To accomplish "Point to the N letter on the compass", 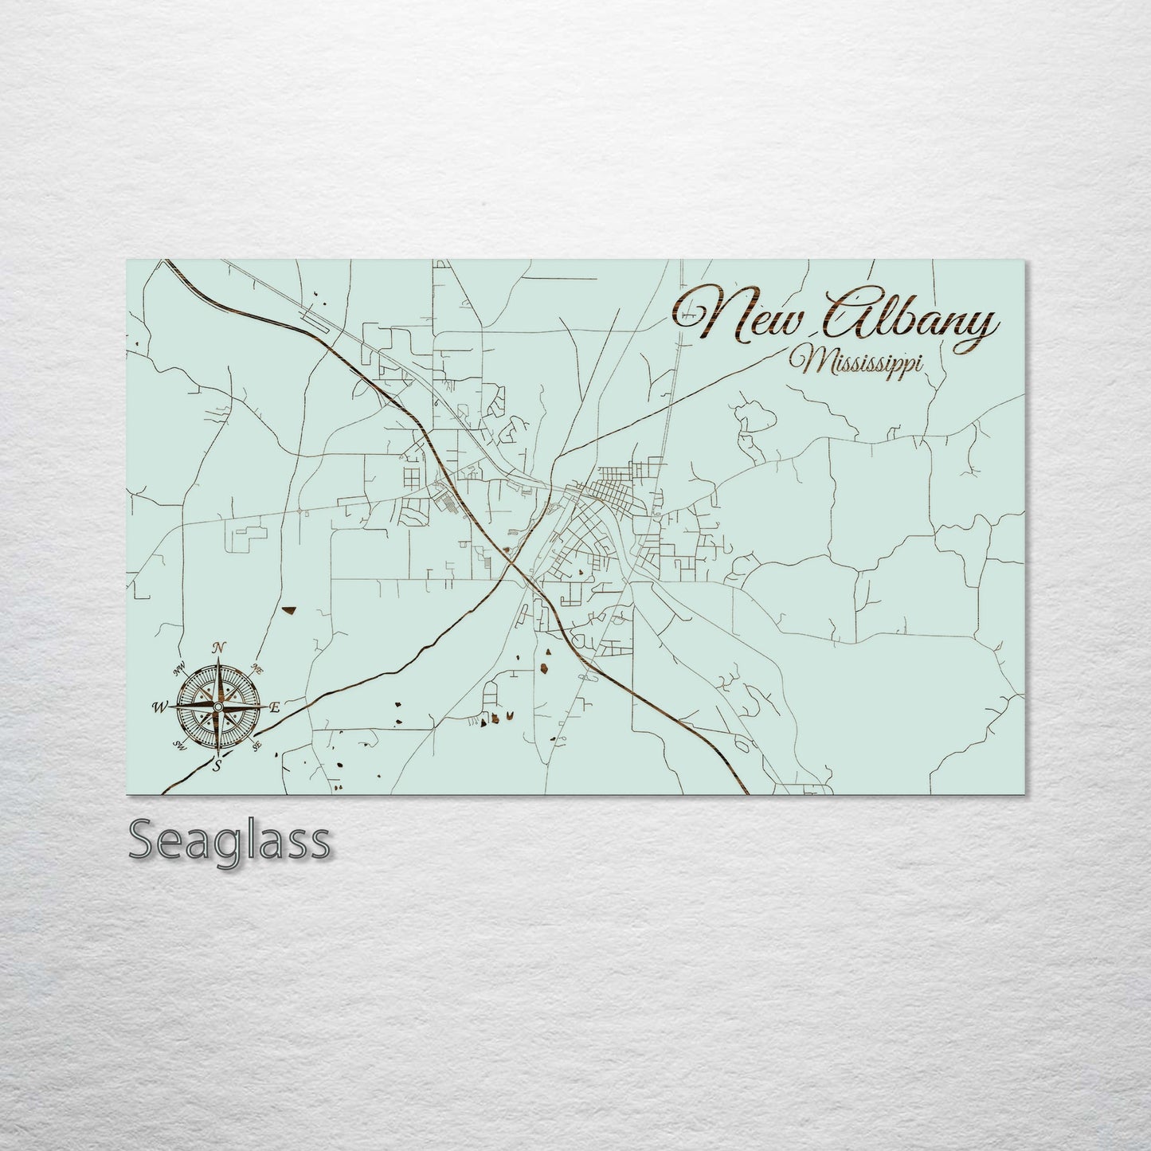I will pyautogui.click(x=217, y=648).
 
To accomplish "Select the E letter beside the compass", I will pyautogui.click(x=275, y=707).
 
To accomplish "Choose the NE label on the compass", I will pyautogui.click(x=256, y=668).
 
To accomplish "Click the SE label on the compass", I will pyautogui.click(x=256, y=746).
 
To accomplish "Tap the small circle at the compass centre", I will pyautogui.click(x=217, y=707).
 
